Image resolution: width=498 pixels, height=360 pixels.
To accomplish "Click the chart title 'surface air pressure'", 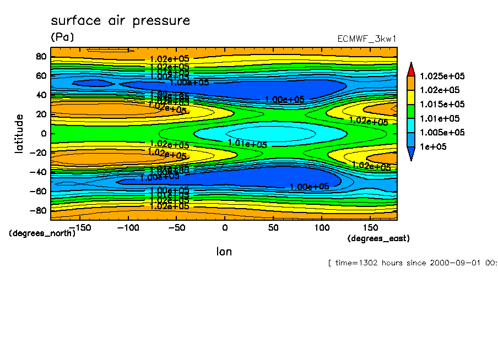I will (120, 21).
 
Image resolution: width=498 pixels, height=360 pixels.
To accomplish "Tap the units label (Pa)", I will (62, 37).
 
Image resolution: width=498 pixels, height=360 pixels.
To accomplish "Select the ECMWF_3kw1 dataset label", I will (366, 39).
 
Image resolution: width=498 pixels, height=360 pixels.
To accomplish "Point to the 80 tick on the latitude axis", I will (40, 56).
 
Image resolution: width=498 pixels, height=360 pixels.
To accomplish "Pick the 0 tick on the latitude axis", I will (43, 134).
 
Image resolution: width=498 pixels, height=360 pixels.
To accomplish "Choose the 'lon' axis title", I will (224, 252).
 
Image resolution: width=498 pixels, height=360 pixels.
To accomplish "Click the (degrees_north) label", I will (42, 233).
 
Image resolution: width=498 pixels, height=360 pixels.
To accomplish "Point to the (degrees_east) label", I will (378, 238).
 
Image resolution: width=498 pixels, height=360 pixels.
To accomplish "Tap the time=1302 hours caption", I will (412, 263).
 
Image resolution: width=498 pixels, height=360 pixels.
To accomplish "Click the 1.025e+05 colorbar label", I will (442, 76).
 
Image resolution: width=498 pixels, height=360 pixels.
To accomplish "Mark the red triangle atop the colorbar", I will (410, 69).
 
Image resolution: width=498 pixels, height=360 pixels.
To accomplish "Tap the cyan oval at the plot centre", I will (270, 133).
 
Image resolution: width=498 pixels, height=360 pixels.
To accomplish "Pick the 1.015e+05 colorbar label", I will (442, 104).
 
